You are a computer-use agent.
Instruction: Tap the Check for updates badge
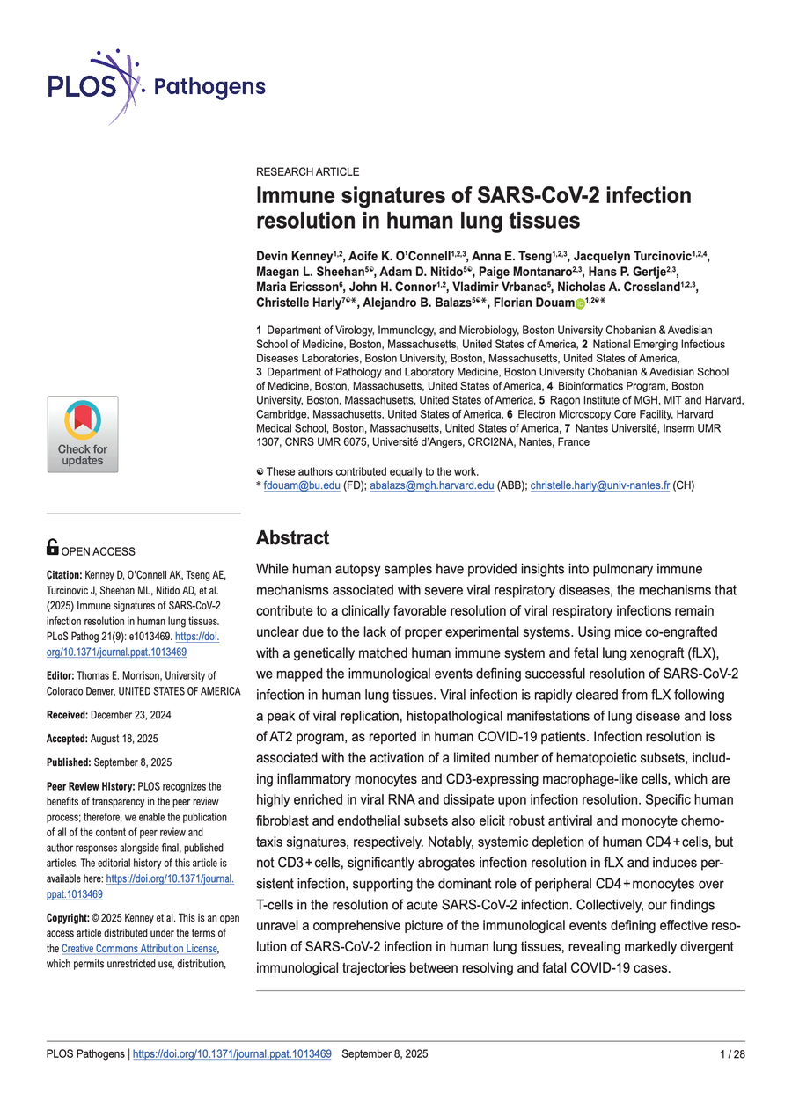point(83,434)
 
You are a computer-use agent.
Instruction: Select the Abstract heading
point(292,537)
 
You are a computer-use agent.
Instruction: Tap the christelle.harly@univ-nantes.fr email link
point(600,485)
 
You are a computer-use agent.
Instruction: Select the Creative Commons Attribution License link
point(139,949)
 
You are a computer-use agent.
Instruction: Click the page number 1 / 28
point(731,1053)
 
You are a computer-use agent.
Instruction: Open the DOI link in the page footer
point(231,1053)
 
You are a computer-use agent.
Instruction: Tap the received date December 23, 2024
point(124,716)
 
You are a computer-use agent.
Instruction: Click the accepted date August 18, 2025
point(120,739)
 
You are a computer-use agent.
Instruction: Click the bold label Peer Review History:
point(91,785)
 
